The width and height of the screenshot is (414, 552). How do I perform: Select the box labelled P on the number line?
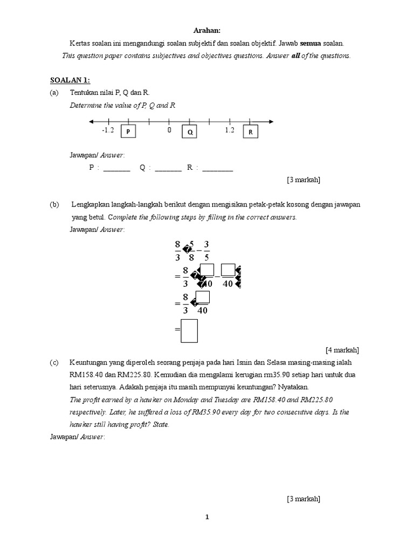(128, 132)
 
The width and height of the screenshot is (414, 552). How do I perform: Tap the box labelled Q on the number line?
(189, 132)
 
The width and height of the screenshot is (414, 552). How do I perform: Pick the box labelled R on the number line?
(250, 132)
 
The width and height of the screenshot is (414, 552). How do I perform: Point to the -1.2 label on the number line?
(108, 130)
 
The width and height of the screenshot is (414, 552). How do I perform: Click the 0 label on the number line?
(169, 130)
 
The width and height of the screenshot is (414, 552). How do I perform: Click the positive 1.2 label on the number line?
(230, 130)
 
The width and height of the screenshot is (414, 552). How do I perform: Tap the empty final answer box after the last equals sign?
(189, 330)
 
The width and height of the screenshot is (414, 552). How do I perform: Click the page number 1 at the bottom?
(207, 517)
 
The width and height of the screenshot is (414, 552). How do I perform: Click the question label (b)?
(54, 205)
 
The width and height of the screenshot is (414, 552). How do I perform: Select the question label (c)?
(54, 362)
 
